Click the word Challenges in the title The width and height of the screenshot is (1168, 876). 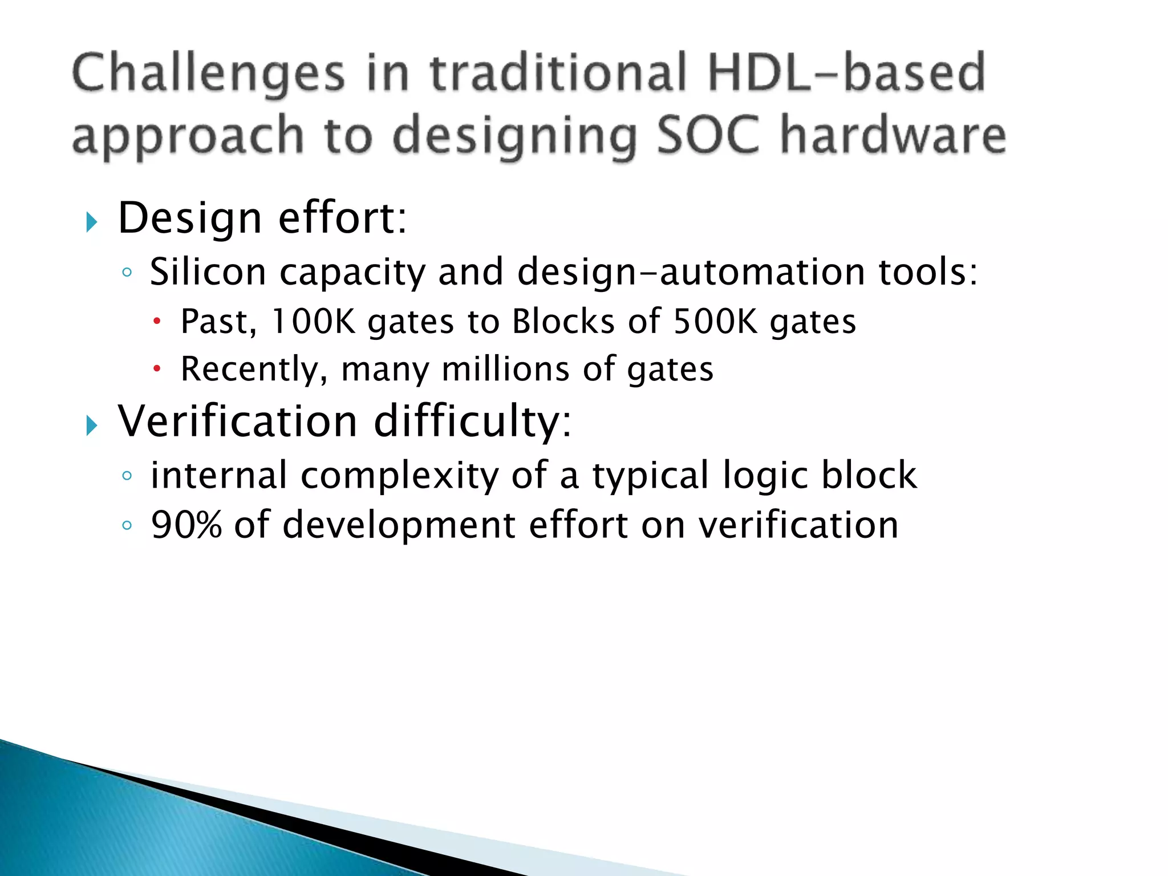click(209, 74)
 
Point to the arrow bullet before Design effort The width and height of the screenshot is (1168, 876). click(92, 221)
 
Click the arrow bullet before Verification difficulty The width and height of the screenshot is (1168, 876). click(92, 425)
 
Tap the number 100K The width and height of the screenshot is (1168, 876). click(313, 321)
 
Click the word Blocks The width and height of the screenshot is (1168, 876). click(563, 321)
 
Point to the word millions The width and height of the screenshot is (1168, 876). click(505, 369)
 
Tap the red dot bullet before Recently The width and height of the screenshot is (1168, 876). click(157, 370)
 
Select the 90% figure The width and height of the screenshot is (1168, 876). click(186, 525)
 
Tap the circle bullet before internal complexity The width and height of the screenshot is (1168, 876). click(127, 476)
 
